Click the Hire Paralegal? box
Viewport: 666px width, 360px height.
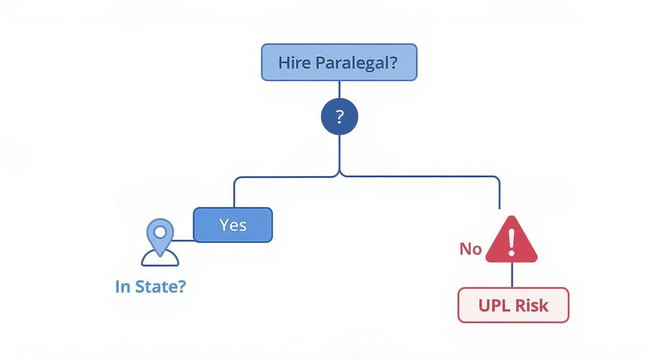339,62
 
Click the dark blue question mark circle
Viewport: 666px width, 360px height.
339,116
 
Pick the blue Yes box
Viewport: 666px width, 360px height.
233,225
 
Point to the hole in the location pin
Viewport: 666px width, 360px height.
160,232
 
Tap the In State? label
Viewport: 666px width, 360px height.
150,286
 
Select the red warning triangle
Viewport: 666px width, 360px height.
511,242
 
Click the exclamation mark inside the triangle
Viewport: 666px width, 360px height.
511,242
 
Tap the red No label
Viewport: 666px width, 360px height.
470,249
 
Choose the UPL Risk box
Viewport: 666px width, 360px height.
513,305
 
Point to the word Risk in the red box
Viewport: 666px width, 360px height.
531,305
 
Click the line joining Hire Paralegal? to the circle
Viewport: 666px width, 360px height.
339,90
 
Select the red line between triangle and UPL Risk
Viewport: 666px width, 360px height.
512,275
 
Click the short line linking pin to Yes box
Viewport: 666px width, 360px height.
183,240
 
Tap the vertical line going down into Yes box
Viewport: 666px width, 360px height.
234,194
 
